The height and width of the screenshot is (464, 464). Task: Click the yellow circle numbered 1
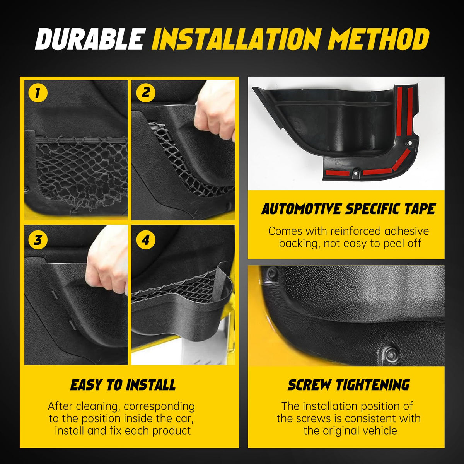click(38, 93)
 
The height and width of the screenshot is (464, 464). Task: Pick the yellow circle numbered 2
click(146, 93)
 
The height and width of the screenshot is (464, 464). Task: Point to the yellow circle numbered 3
click(38, 240)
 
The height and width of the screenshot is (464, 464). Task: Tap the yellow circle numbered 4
click(146, 240)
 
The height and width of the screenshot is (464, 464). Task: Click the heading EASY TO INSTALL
click(123, 385)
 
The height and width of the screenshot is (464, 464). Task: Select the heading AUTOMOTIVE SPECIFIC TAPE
click(348, 209)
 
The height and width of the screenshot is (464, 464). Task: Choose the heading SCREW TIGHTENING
click(349, 385)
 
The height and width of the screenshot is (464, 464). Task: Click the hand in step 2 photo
click(215, 109)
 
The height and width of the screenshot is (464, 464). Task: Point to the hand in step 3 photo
click(107, 261)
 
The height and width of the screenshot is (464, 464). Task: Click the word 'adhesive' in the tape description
click(406, 231)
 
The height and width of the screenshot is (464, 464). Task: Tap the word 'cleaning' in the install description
click(96, 406)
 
